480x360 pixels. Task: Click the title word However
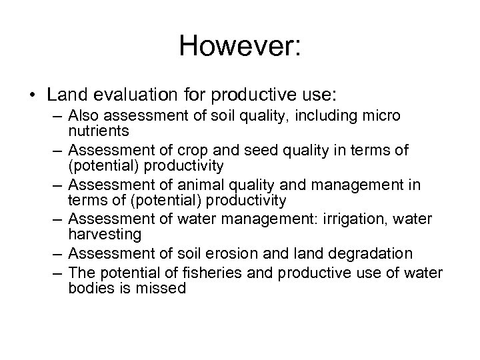coord(235,47)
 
